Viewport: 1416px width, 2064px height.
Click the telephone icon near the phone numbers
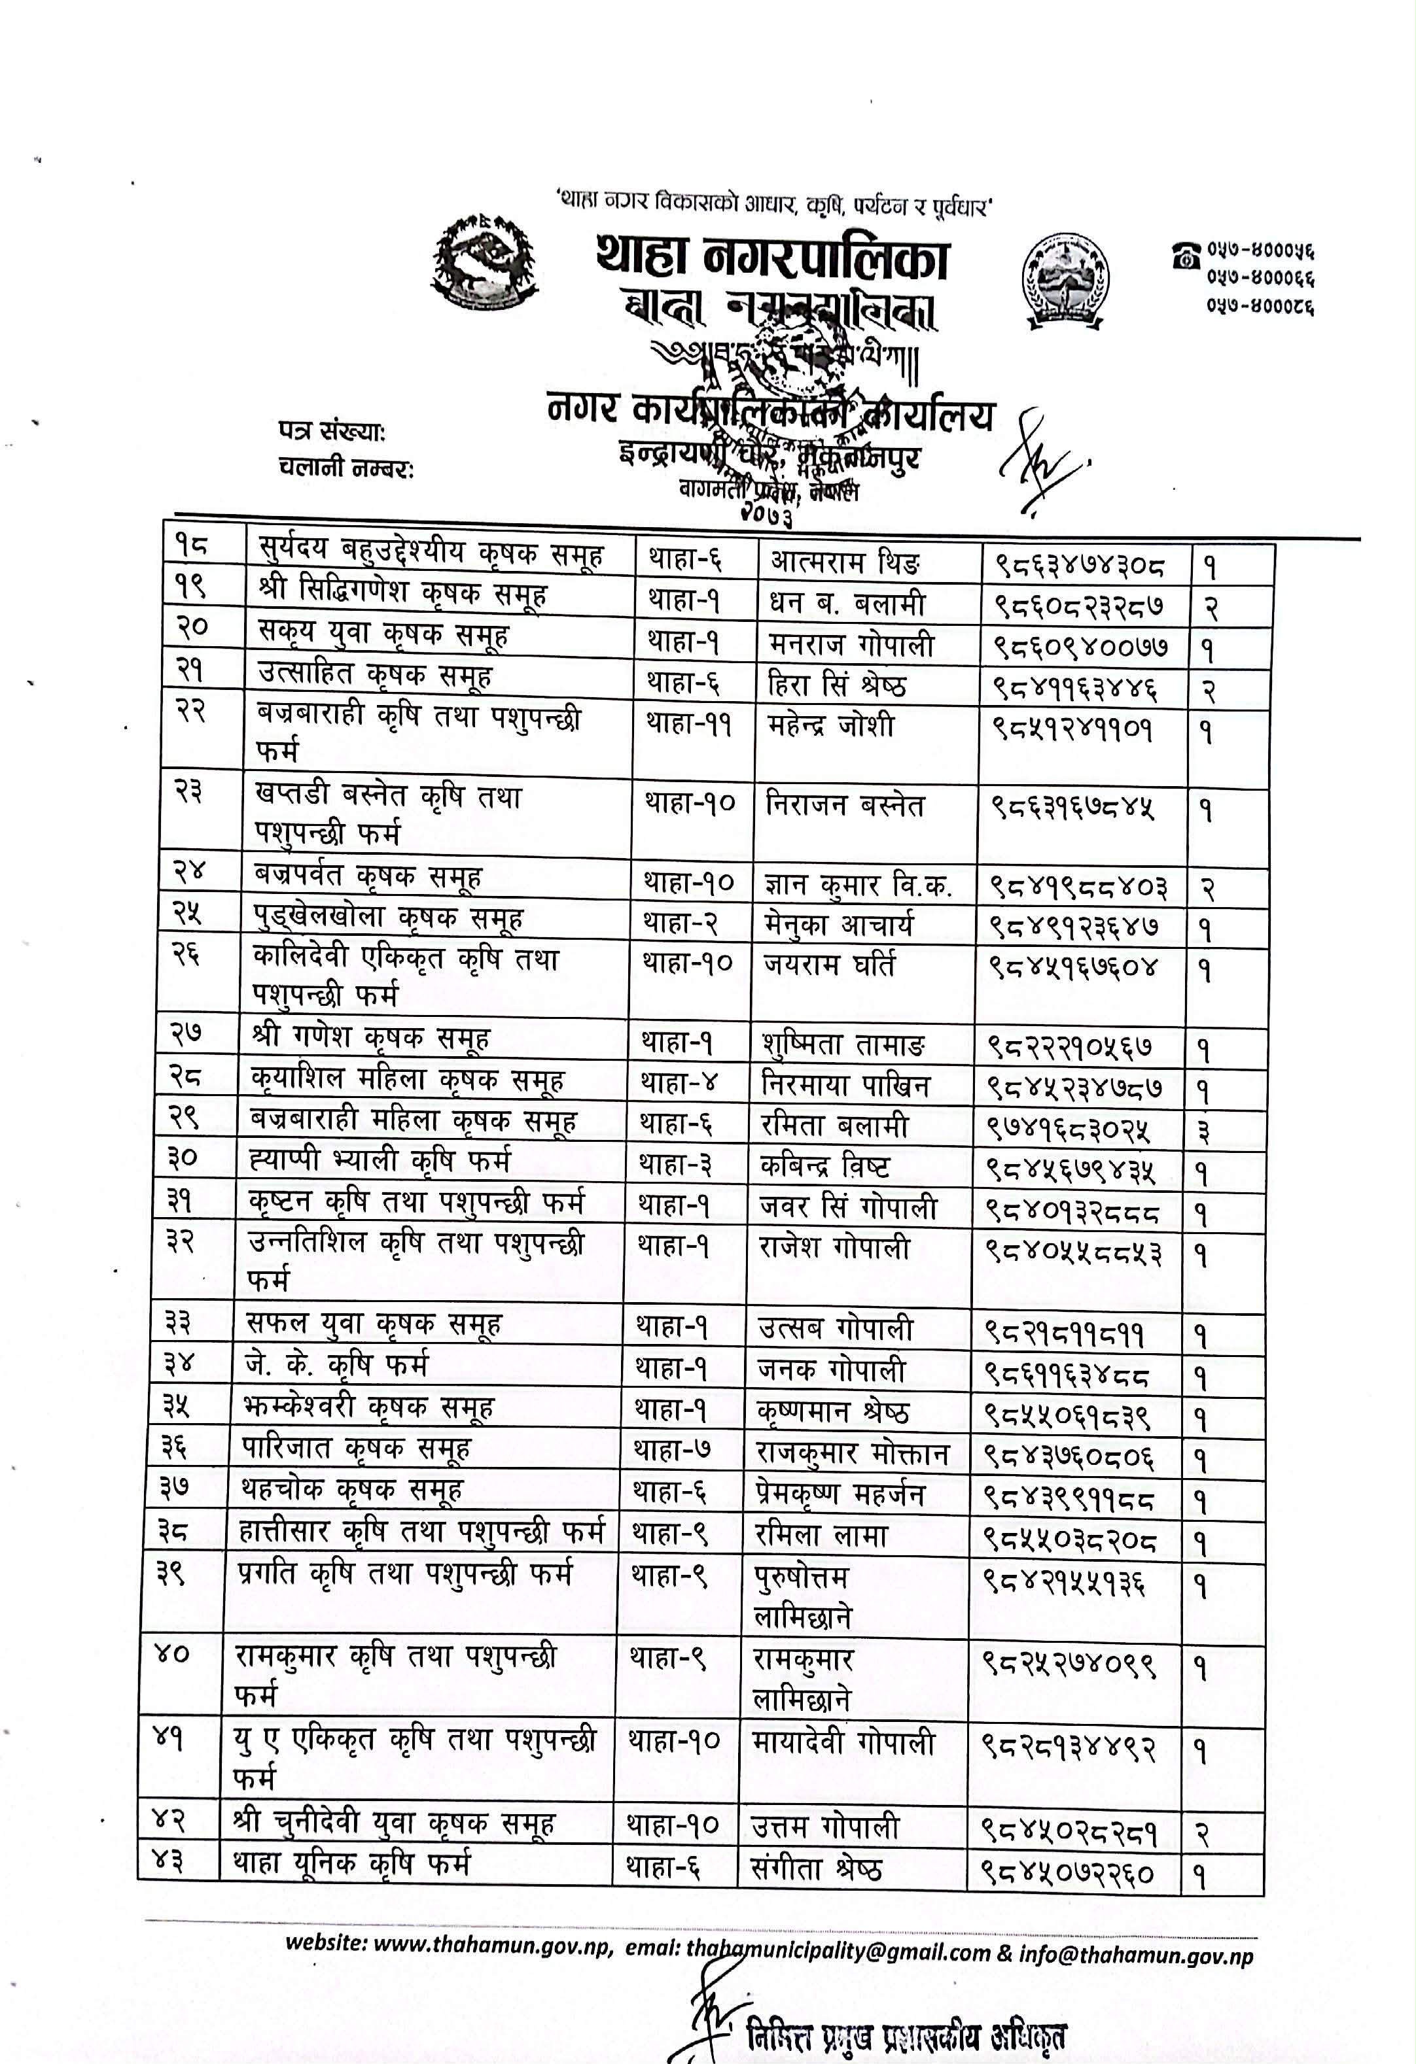click(x=1185, y=256)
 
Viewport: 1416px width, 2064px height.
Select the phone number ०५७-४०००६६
click(x=1260, y=278)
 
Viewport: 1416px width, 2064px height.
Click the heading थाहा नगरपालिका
click(x=772, y=258)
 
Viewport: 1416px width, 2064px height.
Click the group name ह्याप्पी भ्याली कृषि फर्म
click(x=380, y=1161)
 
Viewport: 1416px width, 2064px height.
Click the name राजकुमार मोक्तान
click(x=852, y=1454)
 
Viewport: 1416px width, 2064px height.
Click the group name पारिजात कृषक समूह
click(x=356, y=1449)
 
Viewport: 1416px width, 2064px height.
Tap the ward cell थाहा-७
click(x=671, y=1451)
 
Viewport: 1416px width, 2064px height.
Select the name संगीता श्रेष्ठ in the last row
click(x=815, y=1870)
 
